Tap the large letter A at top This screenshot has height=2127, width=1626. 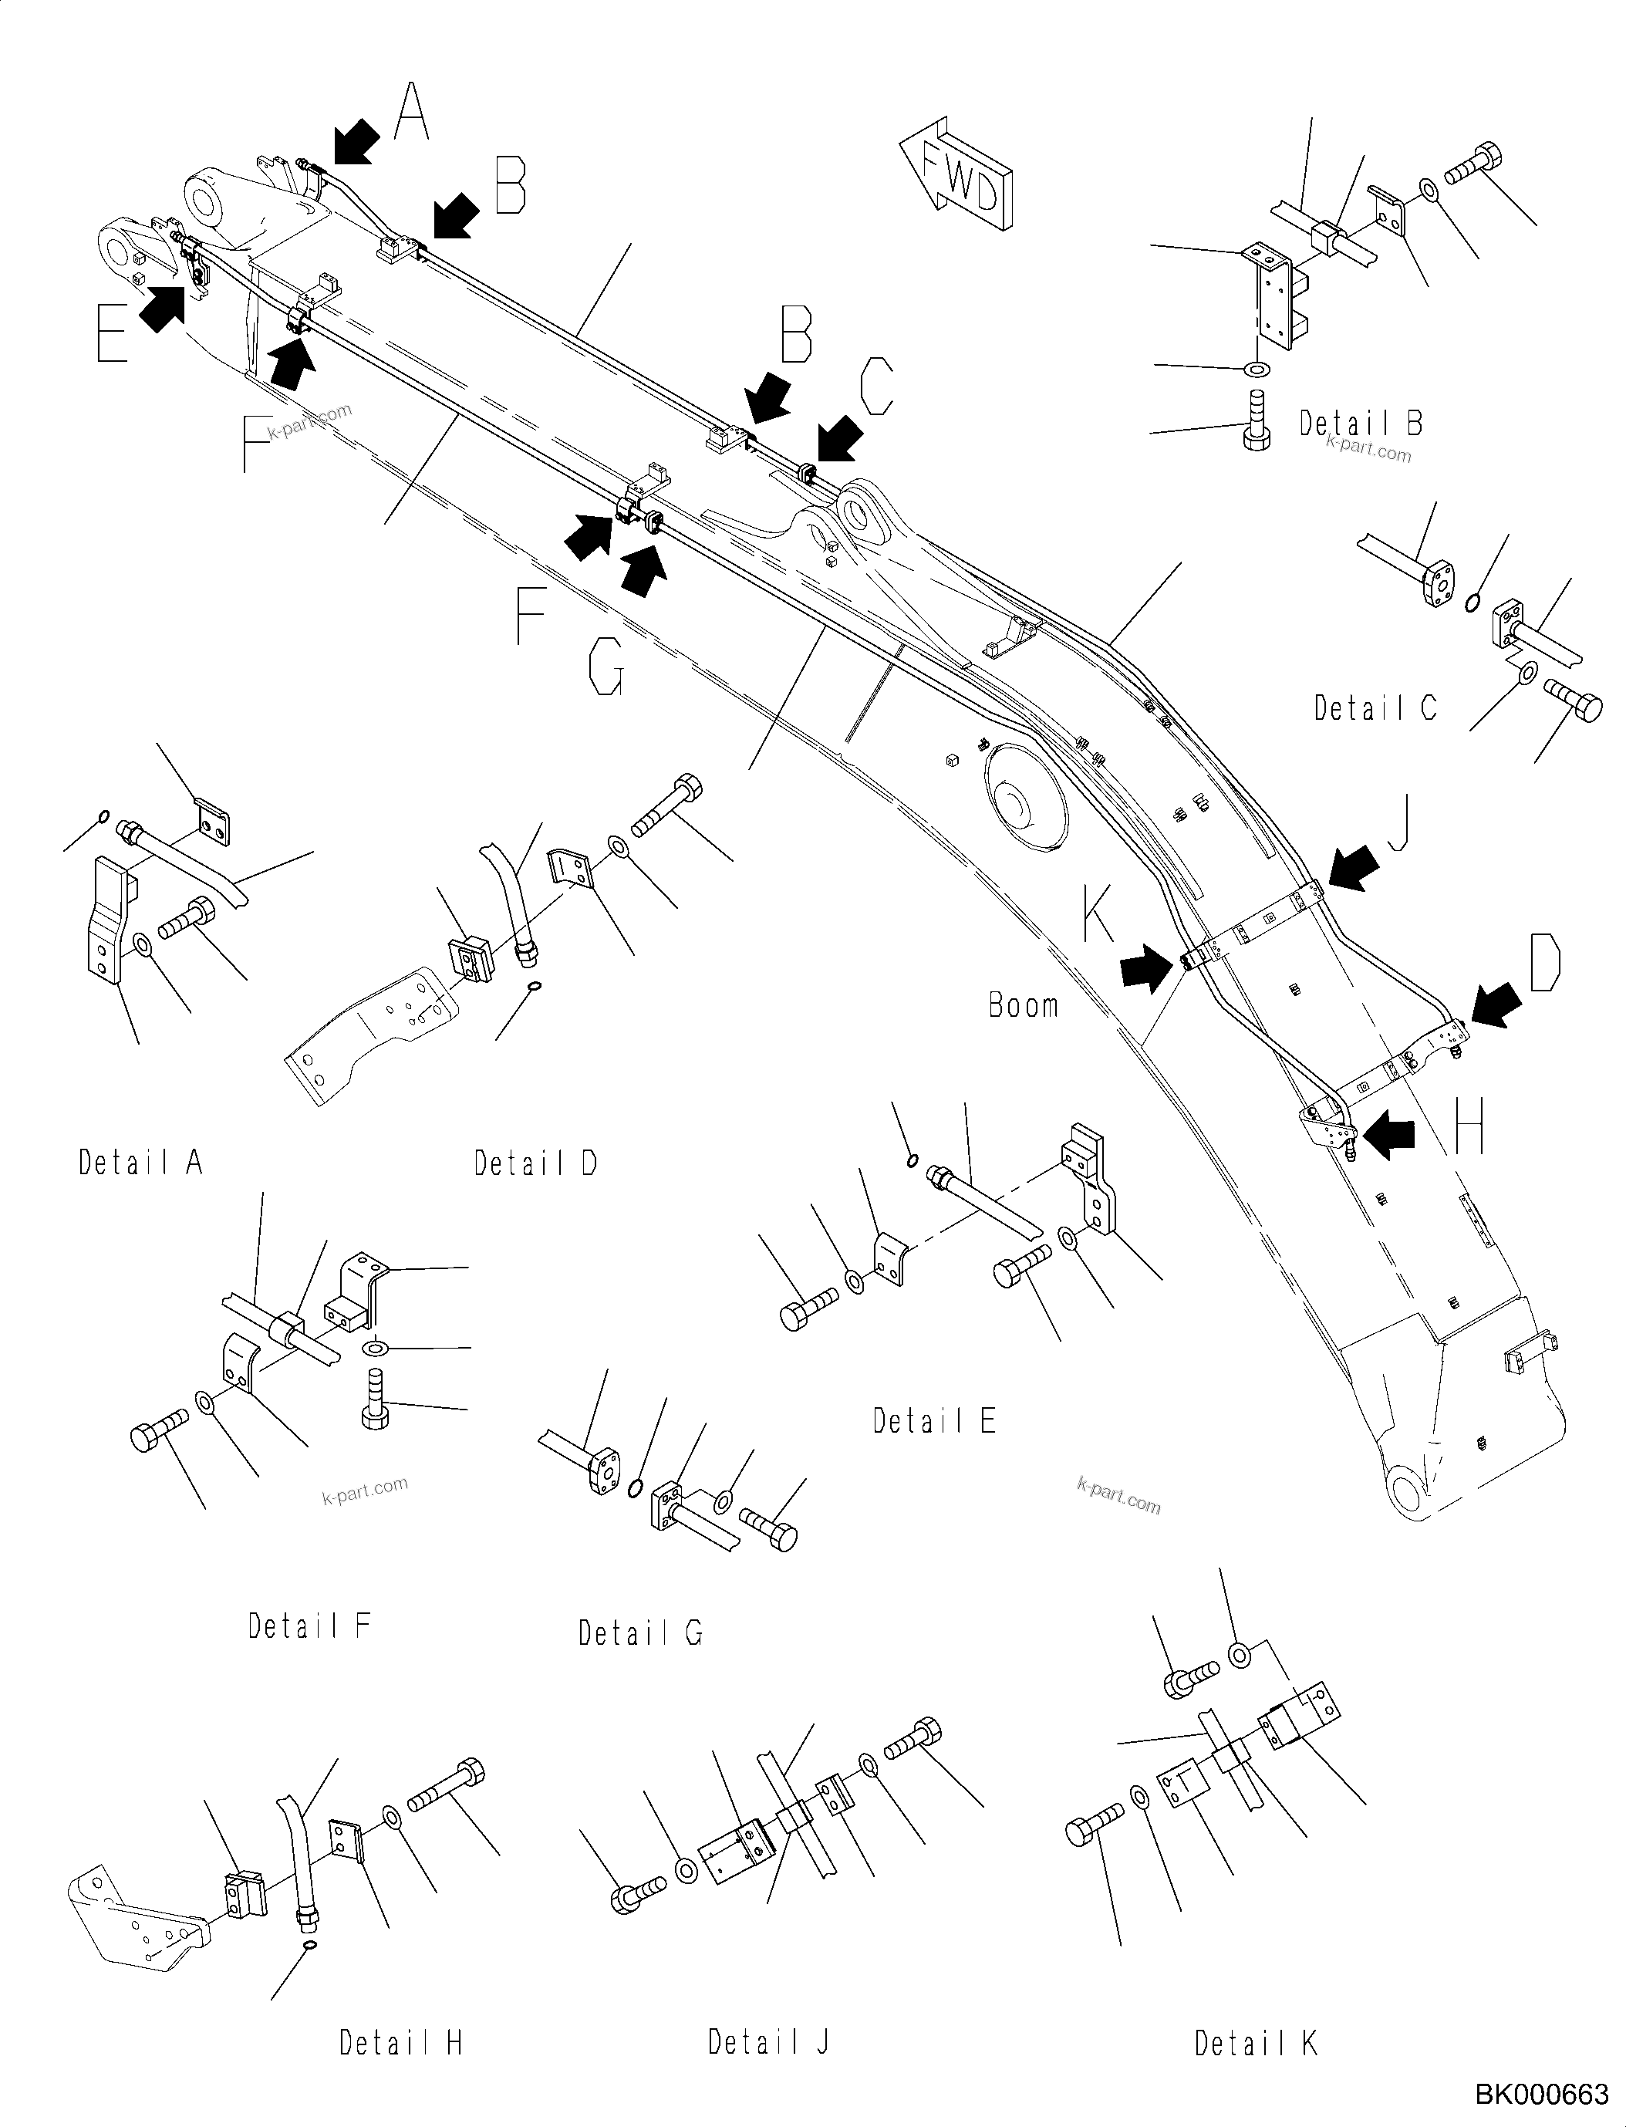coord(411,113)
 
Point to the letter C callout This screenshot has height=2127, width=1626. coord(876,387)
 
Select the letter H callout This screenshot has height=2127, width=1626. coord(1467,1129)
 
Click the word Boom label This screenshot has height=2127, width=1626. coord(1023,1006)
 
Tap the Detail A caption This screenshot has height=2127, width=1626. coord(140,1162)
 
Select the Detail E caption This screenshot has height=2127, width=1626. coord(934,1421)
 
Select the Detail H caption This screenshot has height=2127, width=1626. coord(400,2043)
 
